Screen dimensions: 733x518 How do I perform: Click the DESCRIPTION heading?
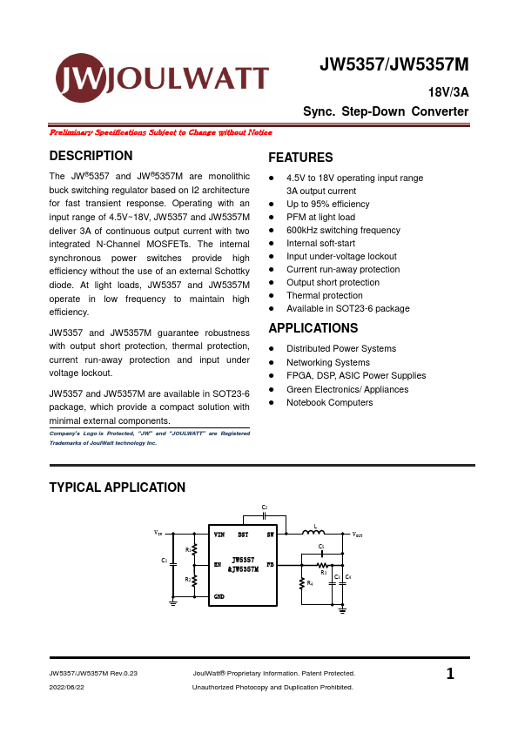(x=91, y=156)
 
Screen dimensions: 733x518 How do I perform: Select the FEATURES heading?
(x=300, y=158)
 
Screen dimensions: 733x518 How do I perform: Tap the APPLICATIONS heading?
(x=313, y=328)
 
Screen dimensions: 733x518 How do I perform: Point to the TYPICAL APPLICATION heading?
(x=117, y=488)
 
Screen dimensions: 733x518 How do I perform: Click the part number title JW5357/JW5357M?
(x=394, y=65)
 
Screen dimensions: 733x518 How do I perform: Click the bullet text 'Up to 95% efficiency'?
(x=327, y=204)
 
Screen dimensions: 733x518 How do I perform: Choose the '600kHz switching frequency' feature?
(x=343, y=230)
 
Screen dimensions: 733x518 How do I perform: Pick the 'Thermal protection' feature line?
(x=324, y=295)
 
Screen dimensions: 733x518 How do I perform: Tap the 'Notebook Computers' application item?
(x=329, y=402)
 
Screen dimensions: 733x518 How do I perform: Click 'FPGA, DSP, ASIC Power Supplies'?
(x=356, y=375)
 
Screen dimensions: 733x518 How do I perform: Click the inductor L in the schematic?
(x=313, y=532)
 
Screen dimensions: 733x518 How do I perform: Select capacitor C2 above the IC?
(x=265, y=514)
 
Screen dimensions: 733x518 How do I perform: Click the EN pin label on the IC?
(x=219, y=564)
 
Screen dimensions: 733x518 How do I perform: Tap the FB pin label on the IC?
(x=270, y=564)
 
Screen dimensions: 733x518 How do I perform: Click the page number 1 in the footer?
(x=449, y=673)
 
